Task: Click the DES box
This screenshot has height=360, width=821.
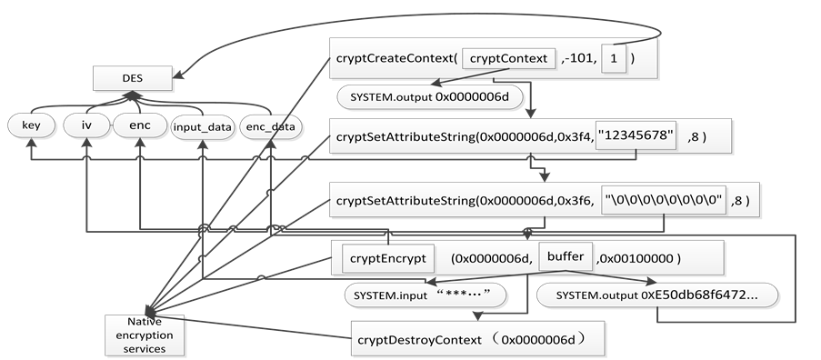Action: point(132,79)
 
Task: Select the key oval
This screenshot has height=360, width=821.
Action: point(30,125)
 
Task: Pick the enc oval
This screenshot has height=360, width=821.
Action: point(138,125)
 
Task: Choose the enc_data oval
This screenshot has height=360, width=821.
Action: point(270,127)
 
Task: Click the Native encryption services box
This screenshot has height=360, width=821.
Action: point(145,334)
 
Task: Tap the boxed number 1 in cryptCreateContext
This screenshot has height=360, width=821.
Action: point(616,58)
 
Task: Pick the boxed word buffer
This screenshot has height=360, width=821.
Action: point(566,258)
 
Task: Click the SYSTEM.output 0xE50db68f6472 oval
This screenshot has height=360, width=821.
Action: point(656,295)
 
